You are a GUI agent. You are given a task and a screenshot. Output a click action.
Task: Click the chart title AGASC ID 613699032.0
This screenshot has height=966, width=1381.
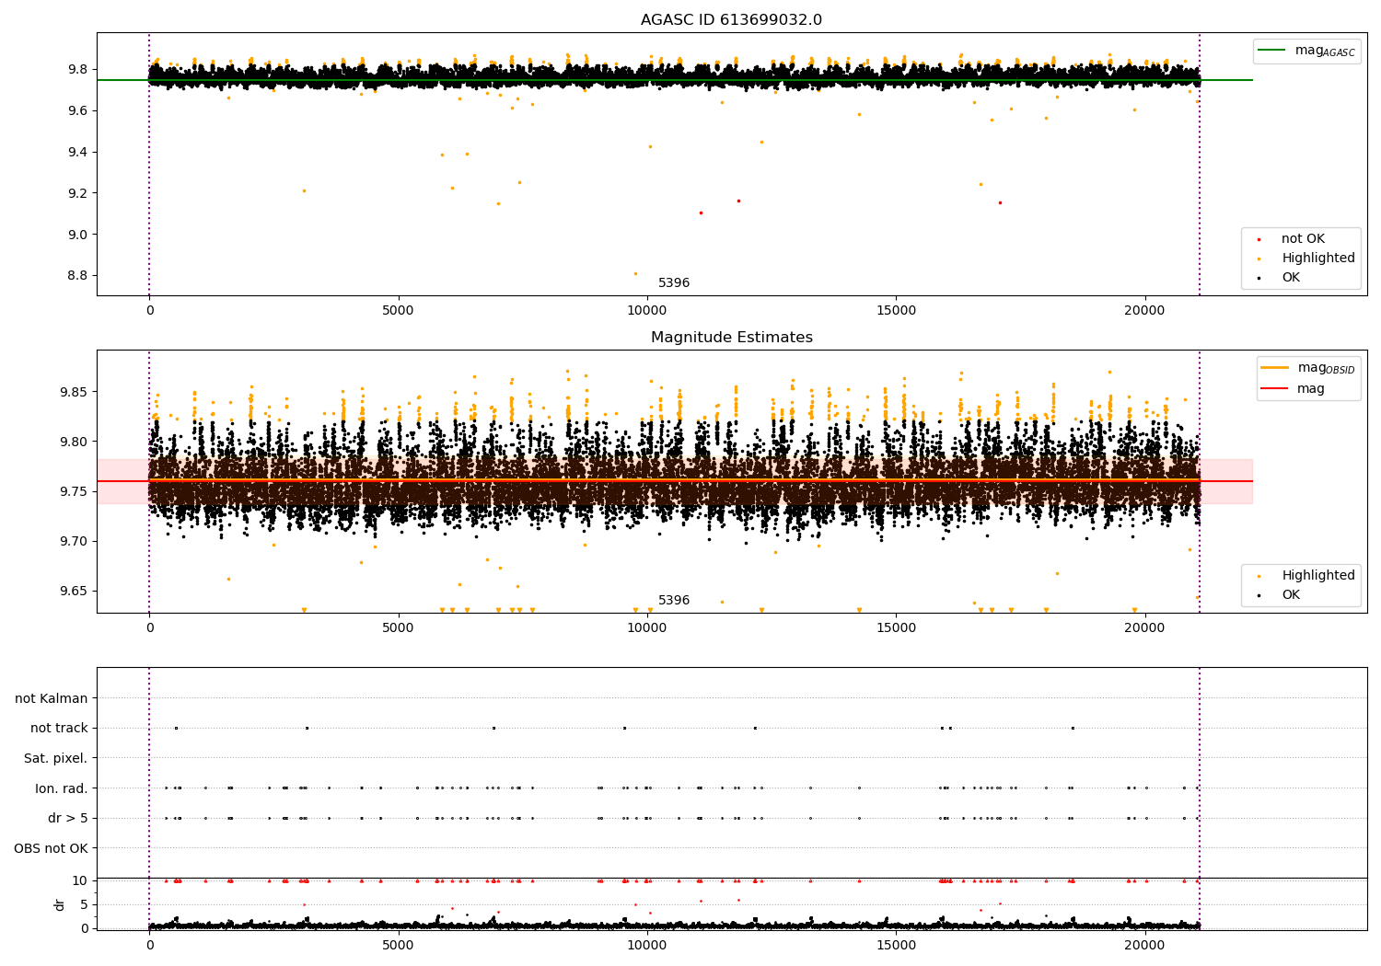(731, 19)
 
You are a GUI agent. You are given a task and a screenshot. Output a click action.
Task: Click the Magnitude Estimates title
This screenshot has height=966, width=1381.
(732, 337)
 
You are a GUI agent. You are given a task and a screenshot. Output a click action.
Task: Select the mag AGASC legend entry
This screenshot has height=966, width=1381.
(1307, 51)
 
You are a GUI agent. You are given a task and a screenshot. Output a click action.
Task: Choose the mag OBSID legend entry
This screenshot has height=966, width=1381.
(1308, 368)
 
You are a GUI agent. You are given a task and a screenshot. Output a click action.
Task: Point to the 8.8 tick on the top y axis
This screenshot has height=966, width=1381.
(77, 275)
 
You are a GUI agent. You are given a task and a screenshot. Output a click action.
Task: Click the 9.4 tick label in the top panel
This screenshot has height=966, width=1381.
(77, 152)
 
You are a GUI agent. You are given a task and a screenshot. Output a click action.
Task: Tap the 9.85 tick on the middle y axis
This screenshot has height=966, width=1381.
(74, 392)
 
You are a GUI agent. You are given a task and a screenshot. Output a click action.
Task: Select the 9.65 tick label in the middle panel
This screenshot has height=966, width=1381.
(74, 591)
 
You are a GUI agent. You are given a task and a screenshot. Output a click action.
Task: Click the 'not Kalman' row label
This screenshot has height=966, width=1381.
(52, 698)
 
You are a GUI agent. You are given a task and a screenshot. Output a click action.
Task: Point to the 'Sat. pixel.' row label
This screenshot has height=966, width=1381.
(55, 758)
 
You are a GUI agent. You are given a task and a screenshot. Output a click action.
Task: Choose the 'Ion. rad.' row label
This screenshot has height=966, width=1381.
(61, 788)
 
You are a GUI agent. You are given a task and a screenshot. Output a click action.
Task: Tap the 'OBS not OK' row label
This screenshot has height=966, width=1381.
(52, 848)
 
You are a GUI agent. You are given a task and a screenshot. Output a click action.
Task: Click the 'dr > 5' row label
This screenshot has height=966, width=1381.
(68, 818)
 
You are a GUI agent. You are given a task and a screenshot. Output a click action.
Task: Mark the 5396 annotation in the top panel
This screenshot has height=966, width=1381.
(674, 282)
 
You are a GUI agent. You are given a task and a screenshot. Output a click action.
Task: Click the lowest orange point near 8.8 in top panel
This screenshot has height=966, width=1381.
(635, 274)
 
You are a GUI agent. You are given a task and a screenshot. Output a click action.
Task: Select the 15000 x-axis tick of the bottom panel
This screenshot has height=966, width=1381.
(896, 945)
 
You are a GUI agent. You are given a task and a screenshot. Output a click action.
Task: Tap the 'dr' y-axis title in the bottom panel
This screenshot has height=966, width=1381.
(59, 904)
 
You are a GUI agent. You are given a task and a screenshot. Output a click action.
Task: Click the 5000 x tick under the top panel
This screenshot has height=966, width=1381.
(398, 311)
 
